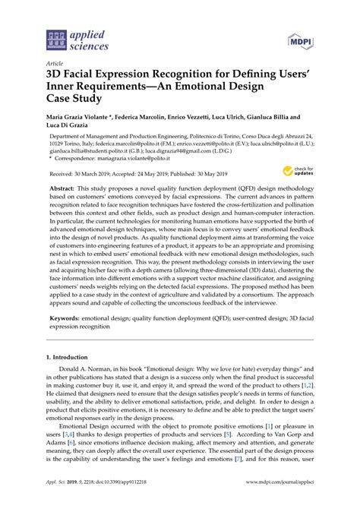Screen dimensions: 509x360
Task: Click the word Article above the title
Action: [x=55, y=64]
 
